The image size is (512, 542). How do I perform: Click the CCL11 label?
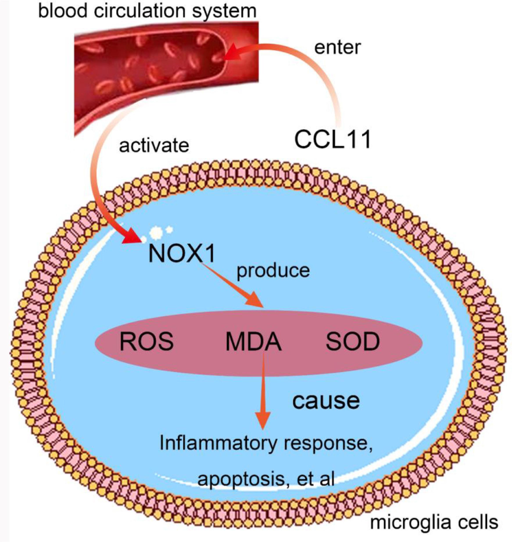click(333, 139)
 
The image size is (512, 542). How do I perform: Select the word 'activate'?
click(154, 145)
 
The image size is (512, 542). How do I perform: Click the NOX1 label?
click(182, 254)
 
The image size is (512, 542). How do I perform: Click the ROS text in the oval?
click(147, 342)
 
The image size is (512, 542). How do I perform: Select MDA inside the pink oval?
click(253, 342)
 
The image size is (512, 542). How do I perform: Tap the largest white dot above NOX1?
click(156, 231)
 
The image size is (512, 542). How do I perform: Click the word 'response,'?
click(329, 443)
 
